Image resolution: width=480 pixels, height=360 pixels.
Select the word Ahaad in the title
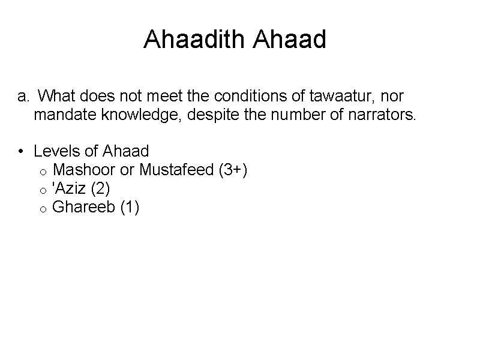click(290, 40)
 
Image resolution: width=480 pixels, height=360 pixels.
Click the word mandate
click(61, 115)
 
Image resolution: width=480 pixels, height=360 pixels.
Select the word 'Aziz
click(70, 188)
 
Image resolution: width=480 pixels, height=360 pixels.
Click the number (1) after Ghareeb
click(130, 207)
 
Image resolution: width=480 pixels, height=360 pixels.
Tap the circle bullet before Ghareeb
click(45, 209)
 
